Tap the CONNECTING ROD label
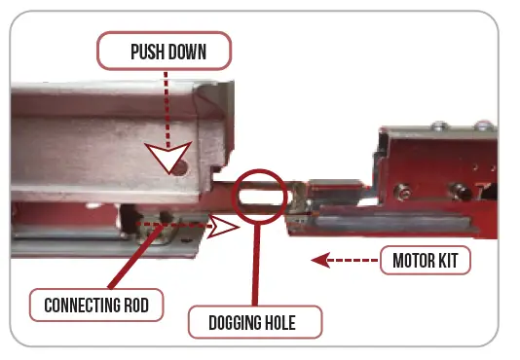(95, 305)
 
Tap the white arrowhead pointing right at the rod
(226, 229)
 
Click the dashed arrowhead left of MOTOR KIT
(316, 260)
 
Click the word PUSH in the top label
(143, 52)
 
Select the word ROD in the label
(135, 305)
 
